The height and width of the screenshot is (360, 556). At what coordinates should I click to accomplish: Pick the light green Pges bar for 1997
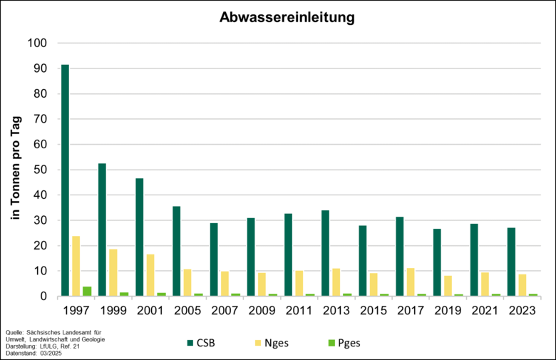87,291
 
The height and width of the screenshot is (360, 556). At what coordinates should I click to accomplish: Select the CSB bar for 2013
325,253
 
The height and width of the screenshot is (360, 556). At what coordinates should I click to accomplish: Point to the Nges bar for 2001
150,275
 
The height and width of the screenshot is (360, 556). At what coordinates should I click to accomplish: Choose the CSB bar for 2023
511,262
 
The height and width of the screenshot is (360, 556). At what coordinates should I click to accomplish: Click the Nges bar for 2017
411,282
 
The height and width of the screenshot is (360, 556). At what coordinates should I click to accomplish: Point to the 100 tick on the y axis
37,43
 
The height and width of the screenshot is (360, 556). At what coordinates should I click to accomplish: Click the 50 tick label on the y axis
40,170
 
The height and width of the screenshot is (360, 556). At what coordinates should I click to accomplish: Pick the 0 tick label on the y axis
43,297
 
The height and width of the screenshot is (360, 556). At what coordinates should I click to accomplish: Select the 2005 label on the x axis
187,312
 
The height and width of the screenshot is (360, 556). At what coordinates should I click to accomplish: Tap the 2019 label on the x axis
448,312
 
